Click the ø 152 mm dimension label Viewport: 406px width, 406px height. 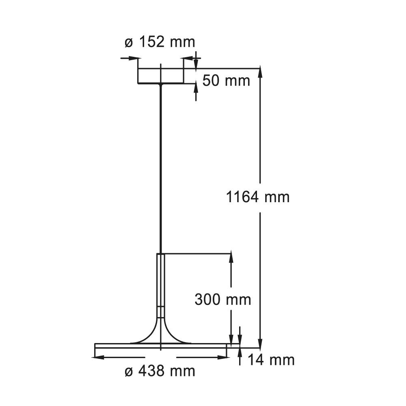click(160, 42)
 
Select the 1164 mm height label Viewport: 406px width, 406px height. click(258, 197)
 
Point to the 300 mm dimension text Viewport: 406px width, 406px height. click(222, 300)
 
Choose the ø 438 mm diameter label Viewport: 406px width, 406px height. click(160, 371)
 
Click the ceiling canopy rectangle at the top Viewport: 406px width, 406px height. click(160, 76)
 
